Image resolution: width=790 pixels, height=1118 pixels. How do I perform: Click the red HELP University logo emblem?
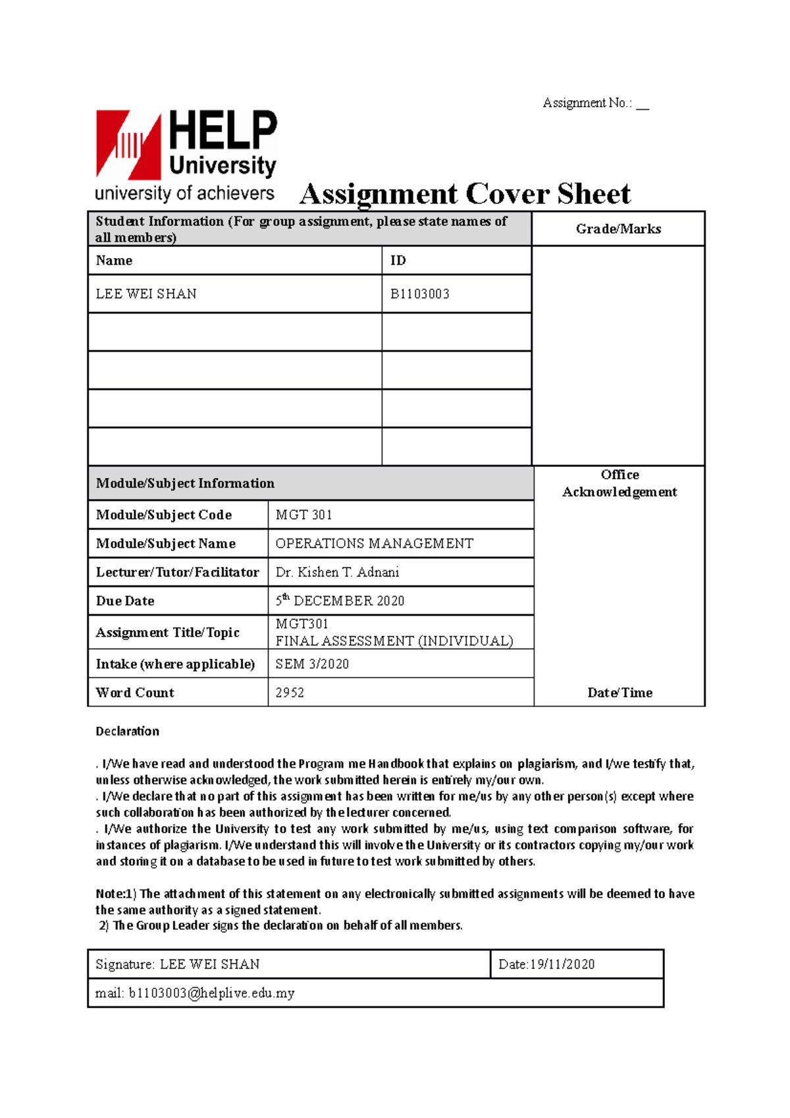click(x=129, y=145)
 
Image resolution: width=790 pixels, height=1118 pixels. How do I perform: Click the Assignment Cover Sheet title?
click(x=465, y=194)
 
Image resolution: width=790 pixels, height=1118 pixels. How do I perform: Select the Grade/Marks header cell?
click(x=618, y=229)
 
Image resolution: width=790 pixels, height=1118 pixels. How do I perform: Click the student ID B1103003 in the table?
click(x=420, y=294)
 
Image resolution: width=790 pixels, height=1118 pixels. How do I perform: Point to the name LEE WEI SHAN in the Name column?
click(x=146, y=294)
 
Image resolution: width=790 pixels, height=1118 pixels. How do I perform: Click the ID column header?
click(x=398, y=261)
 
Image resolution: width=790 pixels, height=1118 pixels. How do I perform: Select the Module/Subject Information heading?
click(x=185, y=483)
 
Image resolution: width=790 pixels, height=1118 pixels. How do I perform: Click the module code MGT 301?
click(x=303, y=515)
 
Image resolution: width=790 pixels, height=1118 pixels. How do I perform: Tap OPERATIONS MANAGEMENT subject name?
click(x=374, y=544)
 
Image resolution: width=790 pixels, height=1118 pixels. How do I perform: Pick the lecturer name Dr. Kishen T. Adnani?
click(x=337, y=572)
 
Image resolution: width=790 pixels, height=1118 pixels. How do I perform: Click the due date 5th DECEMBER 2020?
click(x=340, y=600)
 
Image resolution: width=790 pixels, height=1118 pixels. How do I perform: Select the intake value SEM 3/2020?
click(x=312, y=664)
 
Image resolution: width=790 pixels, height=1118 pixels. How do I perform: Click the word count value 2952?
click(x=290, y=693)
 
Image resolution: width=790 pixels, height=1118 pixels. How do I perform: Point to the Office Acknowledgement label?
click(x=619, y=483)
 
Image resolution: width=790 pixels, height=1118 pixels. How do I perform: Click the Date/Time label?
click(x=619, y=693)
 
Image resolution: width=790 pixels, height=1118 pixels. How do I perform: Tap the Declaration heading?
click(x=128, y=731)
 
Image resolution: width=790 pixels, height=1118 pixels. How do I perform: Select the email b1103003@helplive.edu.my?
click(x=211, y=993)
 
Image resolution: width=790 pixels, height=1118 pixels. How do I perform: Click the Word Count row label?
click(x=135, y=693)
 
